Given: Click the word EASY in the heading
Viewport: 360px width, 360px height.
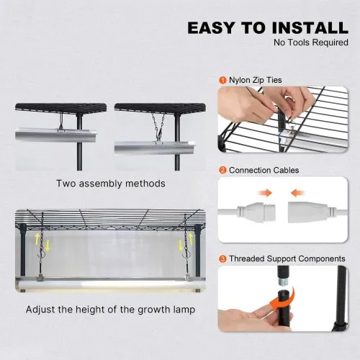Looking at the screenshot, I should click(x=213, y=27).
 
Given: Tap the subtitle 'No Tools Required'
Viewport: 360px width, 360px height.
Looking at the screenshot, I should click(x=310, y=43).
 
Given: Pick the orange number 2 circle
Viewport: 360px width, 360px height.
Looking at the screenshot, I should click(x=223, y=171).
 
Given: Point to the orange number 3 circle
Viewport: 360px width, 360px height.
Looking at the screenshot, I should click(x=223, y=258).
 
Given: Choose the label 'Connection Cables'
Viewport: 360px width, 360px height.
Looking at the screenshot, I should click(x=263, y=171).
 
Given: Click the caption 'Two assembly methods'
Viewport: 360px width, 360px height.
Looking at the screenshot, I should click(x=111, y=184).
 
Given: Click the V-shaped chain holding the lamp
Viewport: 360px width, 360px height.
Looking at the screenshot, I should click(x=161, y=123).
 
